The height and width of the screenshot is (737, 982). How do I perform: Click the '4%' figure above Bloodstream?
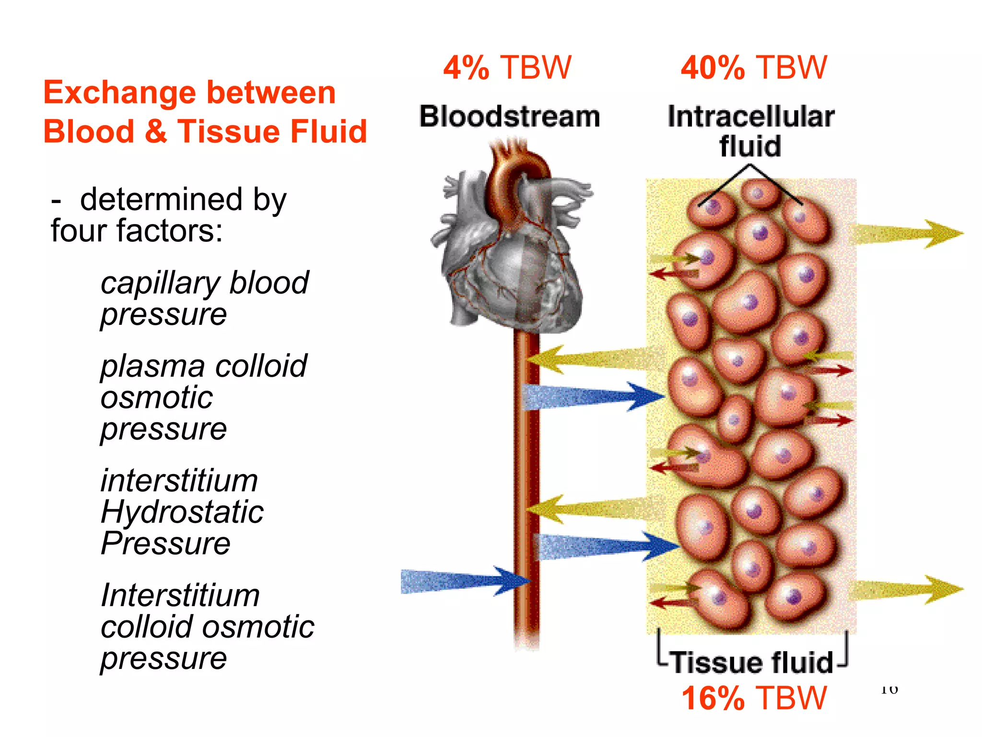pos(466,68)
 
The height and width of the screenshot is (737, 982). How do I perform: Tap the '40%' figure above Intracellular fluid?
pos(713,68)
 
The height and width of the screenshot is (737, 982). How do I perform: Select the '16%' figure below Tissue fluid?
pos(713,698)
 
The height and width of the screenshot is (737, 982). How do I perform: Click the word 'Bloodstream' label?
pos(510,117)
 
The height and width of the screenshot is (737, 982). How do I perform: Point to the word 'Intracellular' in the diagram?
pos(751,117)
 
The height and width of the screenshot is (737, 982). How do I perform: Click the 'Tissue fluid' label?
pos(752,663)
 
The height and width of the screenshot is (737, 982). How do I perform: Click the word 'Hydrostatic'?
pos(182,512)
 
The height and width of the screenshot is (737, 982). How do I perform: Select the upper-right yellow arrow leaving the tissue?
pos(906,234)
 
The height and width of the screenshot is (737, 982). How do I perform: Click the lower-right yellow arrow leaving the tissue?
pos(906,590)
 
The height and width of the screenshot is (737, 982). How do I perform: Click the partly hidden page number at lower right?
pos(889,690)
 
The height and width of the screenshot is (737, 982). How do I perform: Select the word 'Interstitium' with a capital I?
pos(180,596)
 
